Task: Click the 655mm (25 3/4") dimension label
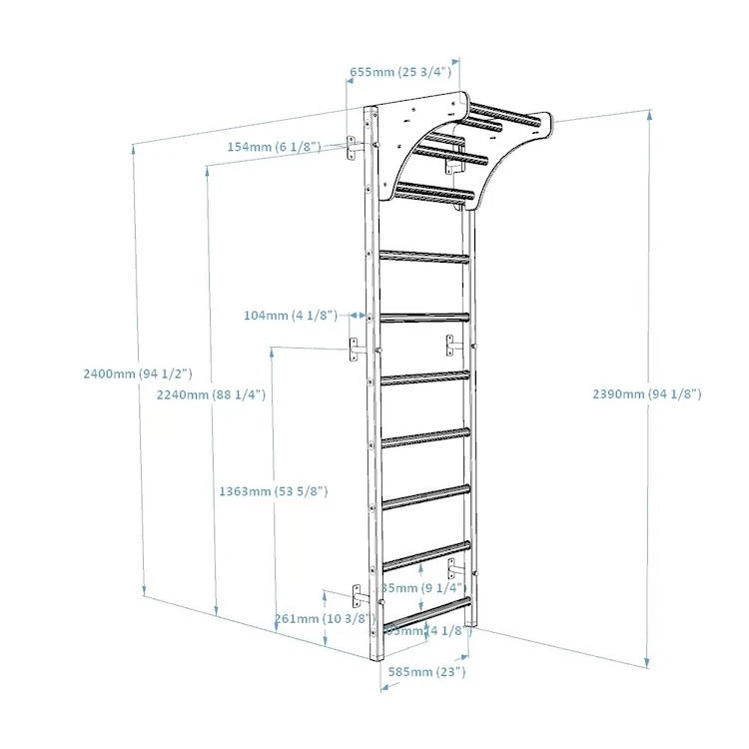click(399, 72)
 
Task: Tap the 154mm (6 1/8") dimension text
click(274, 147)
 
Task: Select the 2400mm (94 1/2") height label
click(138, 374)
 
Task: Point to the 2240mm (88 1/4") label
click(211, 394)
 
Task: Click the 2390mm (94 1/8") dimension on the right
click(647, 394)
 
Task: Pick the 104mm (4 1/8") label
click(291, 315)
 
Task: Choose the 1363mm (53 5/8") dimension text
click(273, 491)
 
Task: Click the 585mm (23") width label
click(425, 672)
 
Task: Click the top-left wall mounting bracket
click(354, 147)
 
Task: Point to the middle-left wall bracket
click(354, 350)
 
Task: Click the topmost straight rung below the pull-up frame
click(423, 257)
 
